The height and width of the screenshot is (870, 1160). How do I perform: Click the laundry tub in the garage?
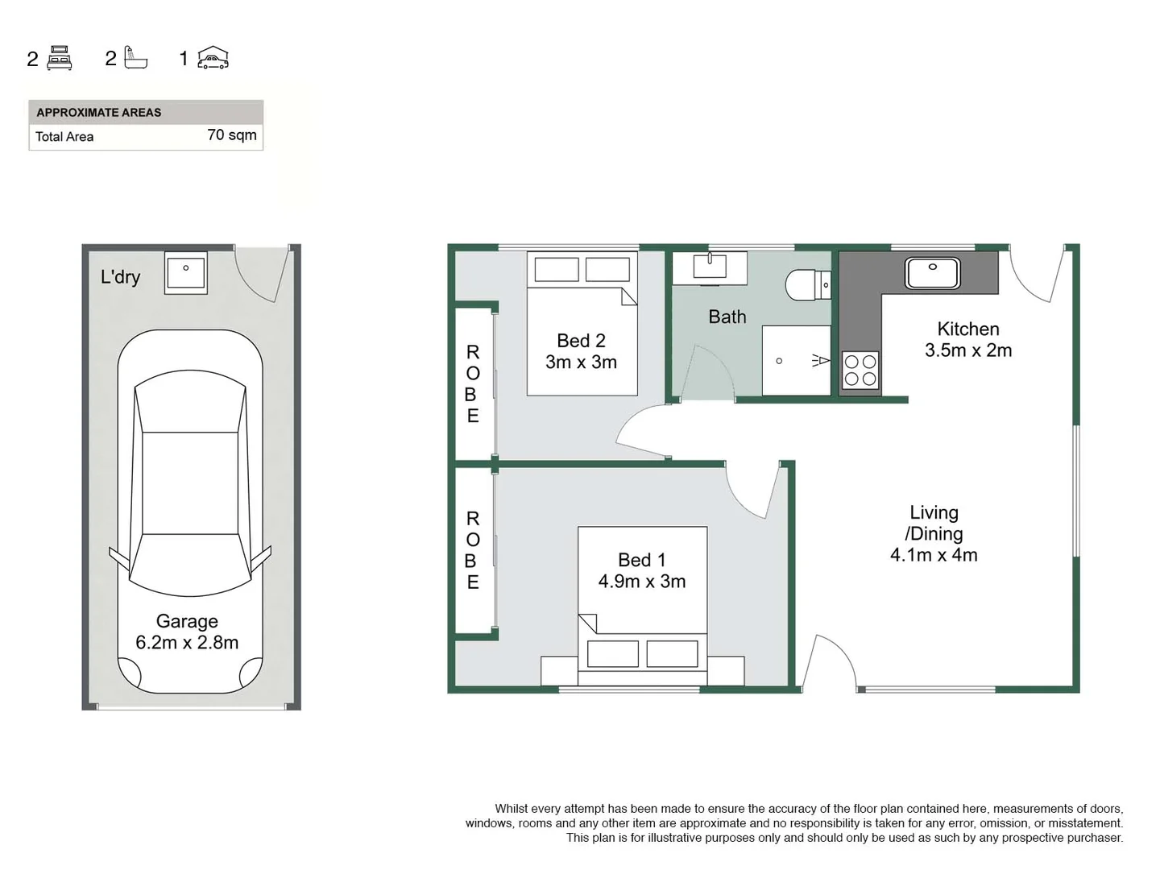tap(186, 272)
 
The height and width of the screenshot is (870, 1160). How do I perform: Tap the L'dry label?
tap(120, 277)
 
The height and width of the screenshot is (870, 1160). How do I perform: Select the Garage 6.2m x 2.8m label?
tap(187, 632)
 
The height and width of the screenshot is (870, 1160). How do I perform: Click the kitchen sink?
tap(932, 273)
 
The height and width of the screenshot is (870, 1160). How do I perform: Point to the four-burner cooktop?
tap(860, 371)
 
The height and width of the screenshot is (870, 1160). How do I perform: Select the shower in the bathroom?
tap(796, 360)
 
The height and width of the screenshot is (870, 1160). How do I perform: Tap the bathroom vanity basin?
tap(710, 265)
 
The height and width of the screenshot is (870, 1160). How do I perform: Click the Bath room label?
tap(727, 317)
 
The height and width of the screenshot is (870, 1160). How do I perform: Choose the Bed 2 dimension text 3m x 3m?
tap(581, 362)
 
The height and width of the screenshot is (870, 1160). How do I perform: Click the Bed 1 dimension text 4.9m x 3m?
tap(642, 582)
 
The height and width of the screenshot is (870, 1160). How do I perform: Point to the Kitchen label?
tap(967, 329)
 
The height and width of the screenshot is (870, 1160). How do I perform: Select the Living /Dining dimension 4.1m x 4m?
tap(934, 555)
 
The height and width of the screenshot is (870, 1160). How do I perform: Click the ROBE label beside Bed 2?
tap(473, 384)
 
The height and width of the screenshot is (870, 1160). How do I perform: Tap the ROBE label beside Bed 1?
tap(473, 550)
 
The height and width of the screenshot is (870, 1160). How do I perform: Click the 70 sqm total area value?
tap(232, 135)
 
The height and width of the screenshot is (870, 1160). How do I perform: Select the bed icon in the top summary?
tap(60, 58)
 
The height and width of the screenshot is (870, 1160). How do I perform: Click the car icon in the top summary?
tap(213, 58)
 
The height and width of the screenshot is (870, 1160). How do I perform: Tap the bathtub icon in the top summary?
tap(136, 58)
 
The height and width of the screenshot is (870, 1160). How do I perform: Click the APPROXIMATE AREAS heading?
tap(98, 113)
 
